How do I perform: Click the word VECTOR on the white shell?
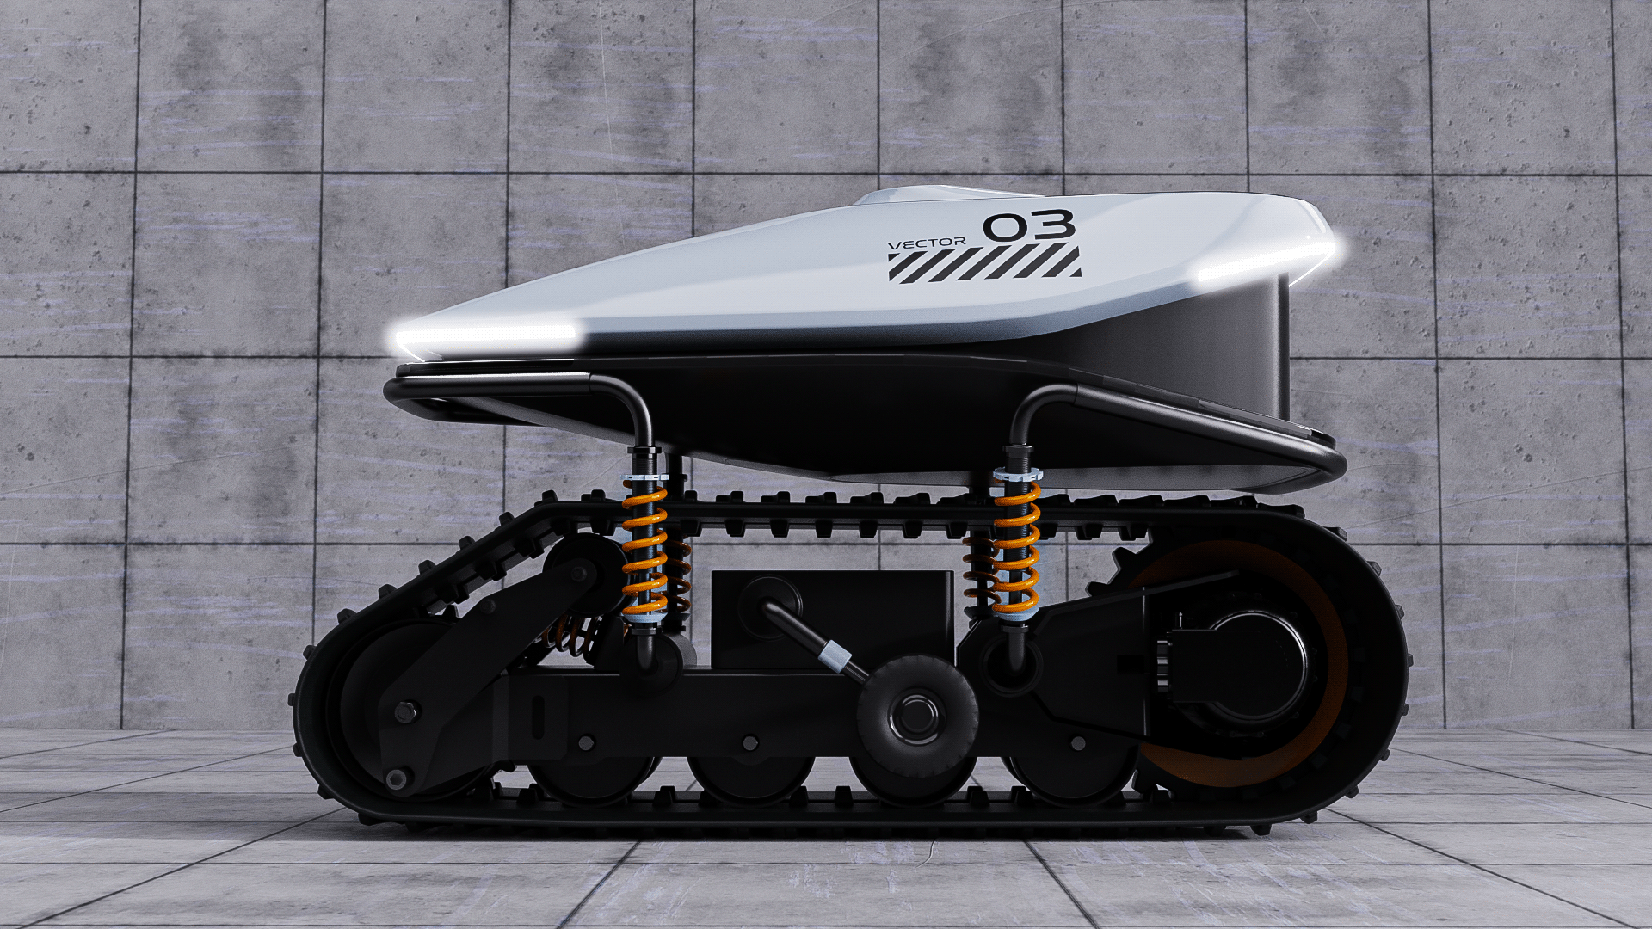pos(926,243)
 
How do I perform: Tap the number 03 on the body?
pos(1029,226)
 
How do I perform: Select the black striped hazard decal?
pos(984,263)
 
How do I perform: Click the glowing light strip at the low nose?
pos(484,335)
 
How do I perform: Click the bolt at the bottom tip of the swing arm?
pos(396,779)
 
